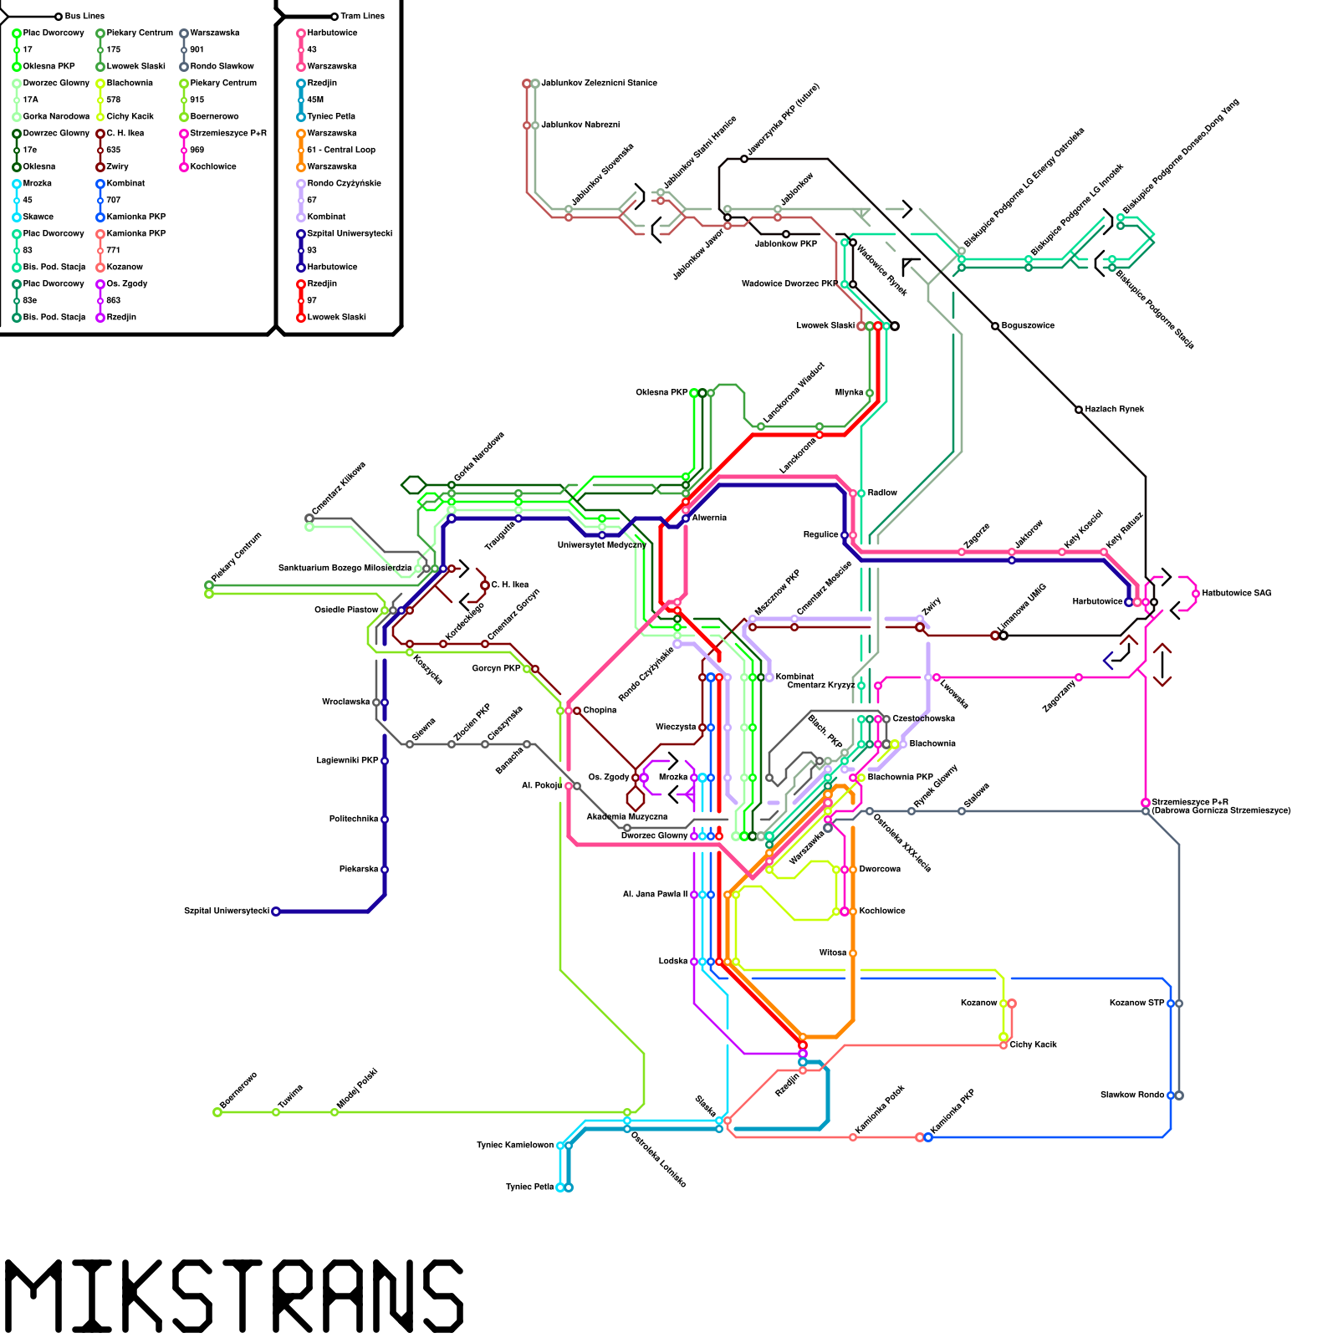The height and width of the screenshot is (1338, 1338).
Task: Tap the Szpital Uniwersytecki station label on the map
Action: (227, 911)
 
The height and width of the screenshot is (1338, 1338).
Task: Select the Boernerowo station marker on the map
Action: (217, 1112)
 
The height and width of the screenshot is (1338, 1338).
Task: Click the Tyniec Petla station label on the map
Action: (530, 1187)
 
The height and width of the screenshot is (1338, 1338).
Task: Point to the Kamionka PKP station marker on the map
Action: (927, 1137)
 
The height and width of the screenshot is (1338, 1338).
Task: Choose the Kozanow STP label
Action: (1136, 1003)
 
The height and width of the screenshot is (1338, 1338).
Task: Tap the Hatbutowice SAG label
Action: (1237, 593)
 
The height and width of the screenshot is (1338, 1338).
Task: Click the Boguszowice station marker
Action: (995, 326)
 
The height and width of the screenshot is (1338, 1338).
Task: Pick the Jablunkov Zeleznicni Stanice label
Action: (599, 83)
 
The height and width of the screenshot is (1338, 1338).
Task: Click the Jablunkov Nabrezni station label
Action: (580, 125)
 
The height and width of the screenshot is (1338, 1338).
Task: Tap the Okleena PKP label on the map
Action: (661, 392)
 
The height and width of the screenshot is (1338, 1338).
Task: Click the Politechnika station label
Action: (354, 819)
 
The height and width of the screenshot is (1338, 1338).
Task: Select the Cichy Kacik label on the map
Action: (1033, 1044)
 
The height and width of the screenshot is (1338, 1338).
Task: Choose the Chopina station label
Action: (600, 710)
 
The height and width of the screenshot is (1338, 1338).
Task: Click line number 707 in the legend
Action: (114, 200)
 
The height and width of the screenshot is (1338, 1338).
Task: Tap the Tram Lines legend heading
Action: (362, 16)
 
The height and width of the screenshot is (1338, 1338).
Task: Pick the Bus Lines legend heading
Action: (84, 16)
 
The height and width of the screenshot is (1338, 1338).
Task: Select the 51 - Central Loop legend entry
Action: (341, 150)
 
